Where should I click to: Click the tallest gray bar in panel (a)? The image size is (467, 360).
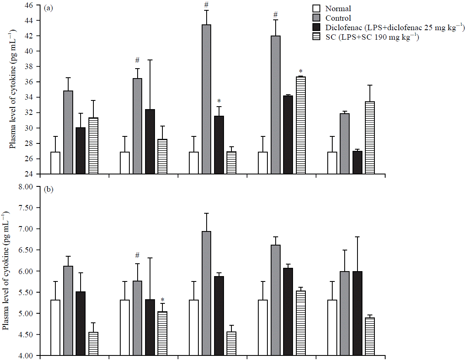pyautogui.click(x=207, y=99)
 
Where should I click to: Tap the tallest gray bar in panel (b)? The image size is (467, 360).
pyautogui.click(x=207, y=293)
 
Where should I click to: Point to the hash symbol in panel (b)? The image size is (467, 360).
pyautogui.click(x=137, y=255)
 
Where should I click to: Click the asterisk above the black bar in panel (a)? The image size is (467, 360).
pyautogui.click(x=219, y=101)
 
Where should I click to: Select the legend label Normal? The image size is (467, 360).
pyautogui.click(x=338, y=9)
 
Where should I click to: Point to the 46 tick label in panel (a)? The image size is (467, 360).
pyautogui.click(x=29, y=5)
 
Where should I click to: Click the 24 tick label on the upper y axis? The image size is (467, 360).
pyautogui.click(x=29, y=174)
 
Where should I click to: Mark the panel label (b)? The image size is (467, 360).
pyautogui.click(x=48, y=191)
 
